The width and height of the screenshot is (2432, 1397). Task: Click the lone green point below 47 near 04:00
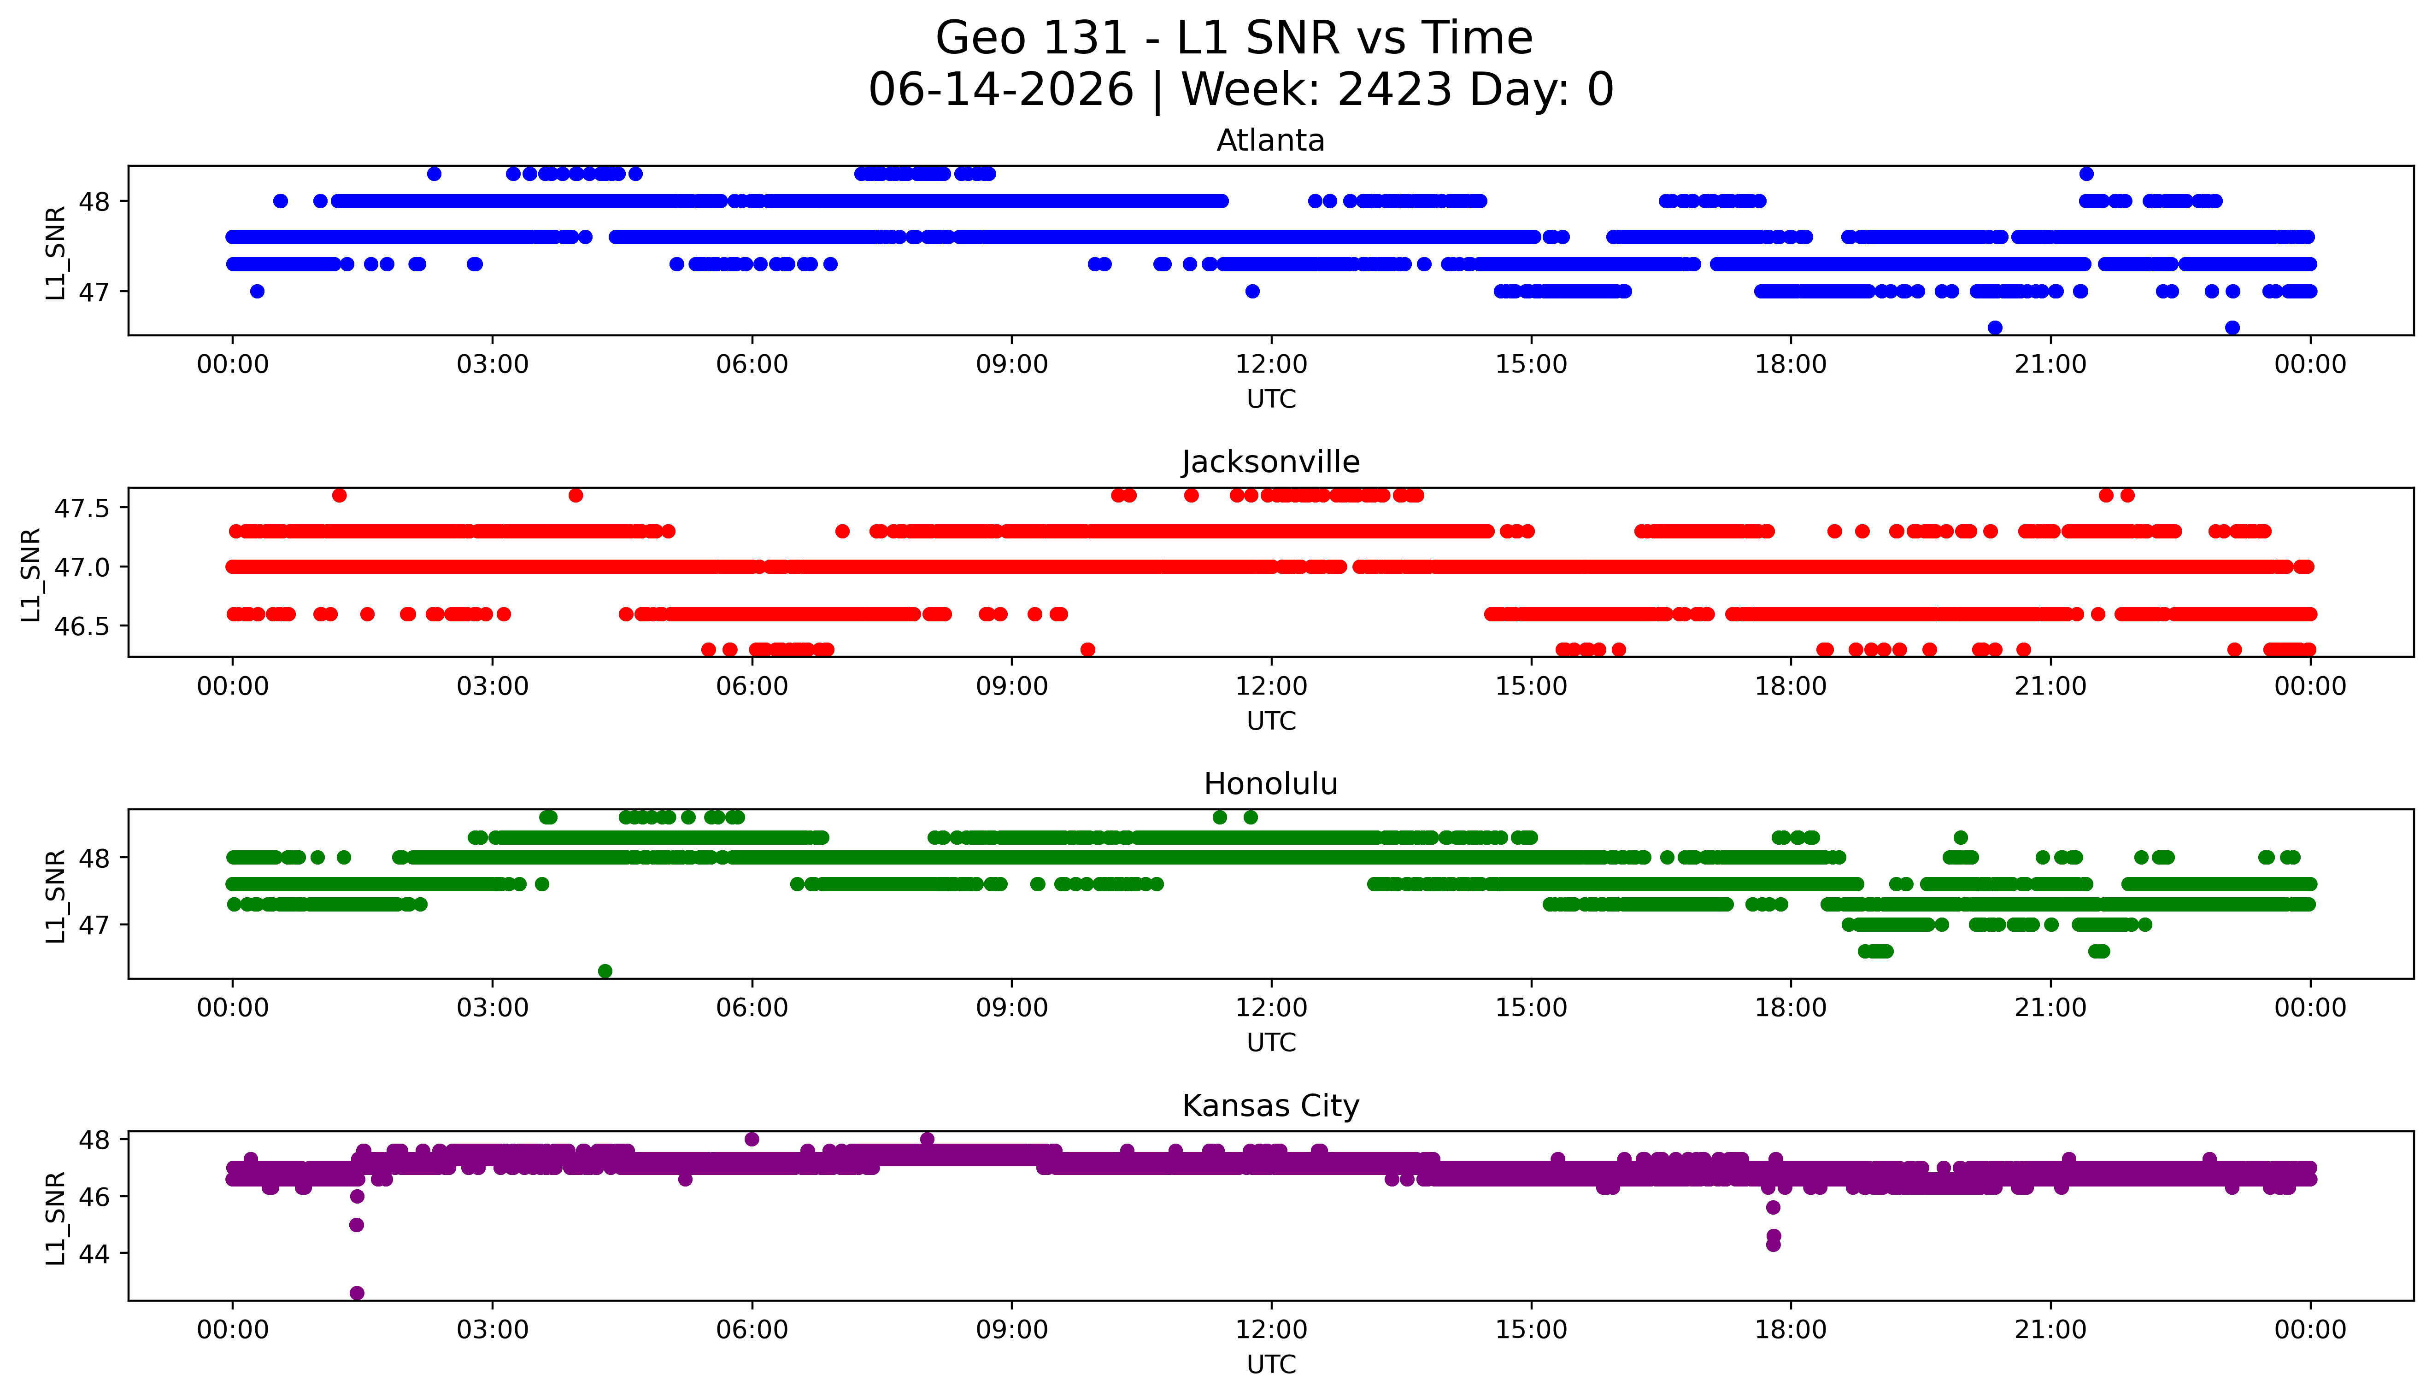[605, 971]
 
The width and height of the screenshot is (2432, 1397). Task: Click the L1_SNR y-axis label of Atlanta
[56, 252]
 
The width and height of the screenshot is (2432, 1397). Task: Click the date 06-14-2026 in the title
[1001, 90]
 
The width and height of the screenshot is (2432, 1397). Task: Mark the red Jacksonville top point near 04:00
[575, 495]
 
